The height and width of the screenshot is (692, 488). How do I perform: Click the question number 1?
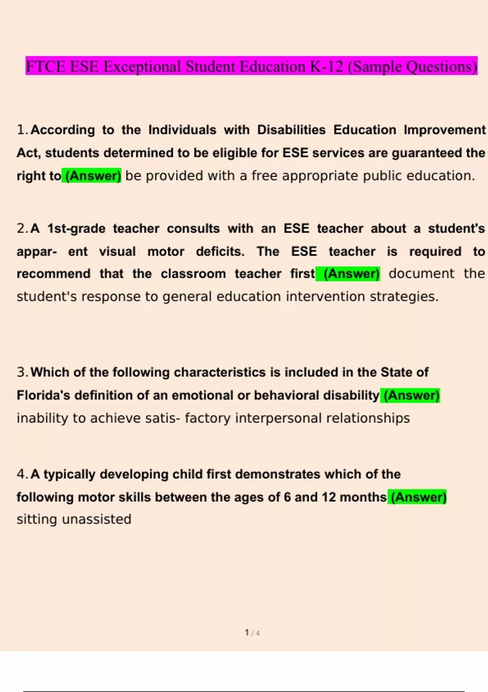[x=22, y=130]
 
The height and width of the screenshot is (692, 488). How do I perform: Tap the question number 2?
[x=22, y=228]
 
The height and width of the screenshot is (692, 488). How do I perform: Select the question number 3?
[x=22, y=372]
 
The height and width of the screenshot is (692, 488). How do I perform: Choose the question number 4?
[x=22, y=474]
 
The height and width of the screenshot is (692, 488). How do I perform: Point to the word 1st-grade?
[x=76, y=228]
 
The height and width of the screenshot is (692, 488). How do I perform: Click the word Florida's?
[x=43, y=395]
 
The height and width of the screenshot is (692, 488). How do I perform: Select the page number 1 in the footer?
[x=247, y=632]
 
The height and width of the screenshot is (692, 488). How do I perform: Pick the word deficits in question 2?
[x=220, y=251]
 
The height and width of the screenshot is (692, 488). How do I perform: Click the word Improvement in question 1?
[x=444, y=130]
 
